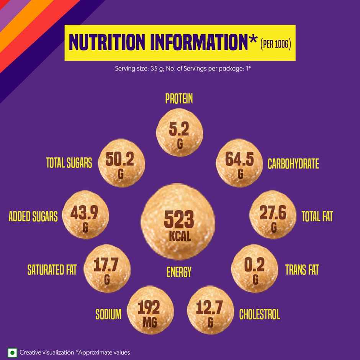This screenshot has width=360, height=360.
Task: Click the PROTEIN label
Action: [x=179, y=99]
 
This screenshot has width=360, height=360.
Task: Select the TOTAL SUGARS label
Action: [x=69, y=164]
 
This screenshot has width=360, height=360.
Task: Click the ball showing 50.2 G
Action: [x=121, y=164]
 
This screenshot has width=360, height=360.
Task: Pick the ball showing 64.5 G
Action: [x=240, y=164]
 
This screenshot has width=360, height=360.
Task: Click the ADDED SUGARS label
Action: [x=33, y=216]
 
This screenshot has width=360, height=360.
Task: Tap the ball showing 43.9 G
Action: [x=85, y=217]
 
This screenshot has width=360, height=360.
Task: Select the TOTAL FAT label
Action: [x=317, y=217]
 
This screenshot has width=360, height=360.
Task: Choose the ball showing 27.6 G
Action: [x=273, y=217]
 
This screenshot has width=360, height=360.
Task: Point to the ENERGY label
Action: [x=179, y=272]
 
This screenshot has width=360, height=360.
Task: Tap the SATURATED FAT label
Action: [x=52, y=270]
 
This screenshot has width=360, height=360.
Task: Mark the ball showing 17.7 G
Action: [x=107, y=270]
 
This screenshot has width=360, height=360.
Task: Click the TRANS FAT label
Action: [x=302, y=270]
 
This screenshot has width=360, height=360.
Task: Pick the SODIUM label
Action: [x=108, y=315]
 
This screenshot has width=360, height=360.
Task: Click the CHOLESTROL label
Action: [x=259, y=315]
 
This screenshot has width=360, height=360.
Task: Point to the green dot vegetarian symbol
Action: [x=13, y=352]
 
